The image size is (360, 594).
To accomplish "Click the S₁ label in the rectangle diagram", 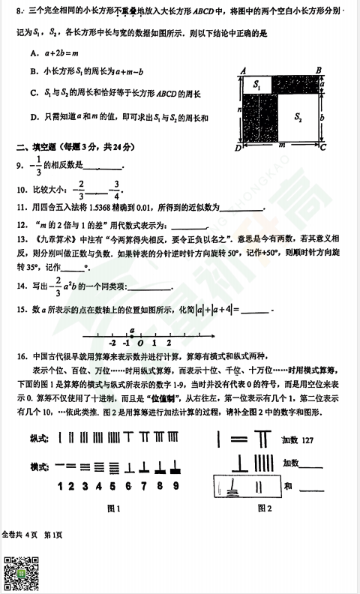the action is point(257,85).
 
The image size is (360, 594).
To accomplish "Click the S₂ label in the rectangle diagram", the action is point(298,117).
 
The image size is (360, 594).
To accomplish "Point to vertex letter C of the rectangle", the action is point(323,148).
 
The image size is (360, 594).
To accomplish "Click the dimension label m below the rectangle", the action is point(280,147).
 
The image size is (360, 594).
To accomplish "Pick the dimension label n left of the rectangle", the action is point(238,109).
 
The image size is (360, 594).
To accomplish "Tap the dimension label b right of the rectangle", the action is point(323,118).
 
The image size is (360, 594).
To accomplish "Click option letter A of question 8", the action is point(34,53).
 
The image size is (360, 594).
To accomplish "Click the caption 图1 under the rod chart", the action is point(114,508).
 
